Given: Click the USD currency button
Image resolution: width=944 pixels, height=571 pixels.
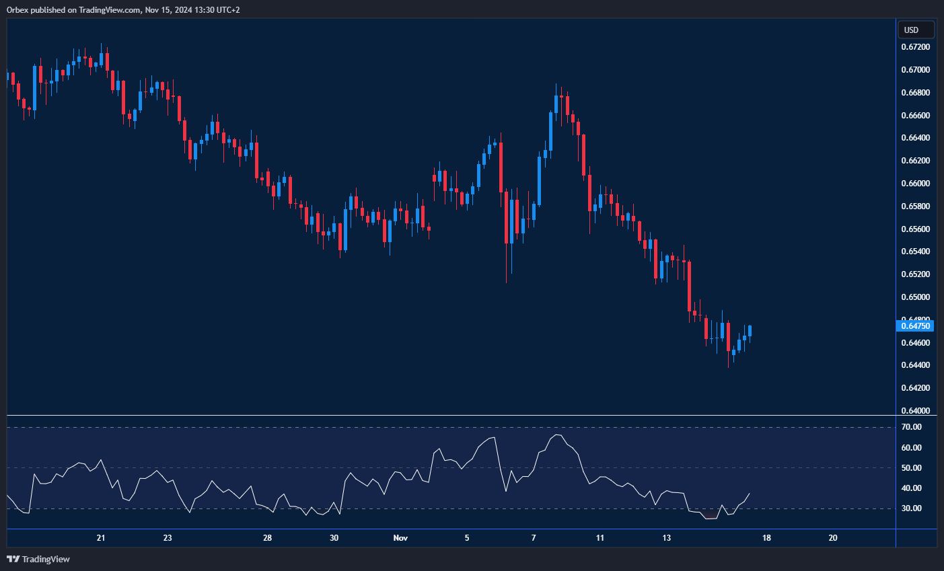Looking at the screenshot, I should [x=916, y=30].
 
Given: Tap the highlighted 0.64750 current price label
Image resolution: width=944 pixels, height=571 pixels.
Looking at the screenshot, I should [x=916, y=326].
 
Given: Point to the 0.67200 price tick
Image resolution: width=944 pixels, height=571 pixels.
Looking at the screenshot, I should [x=915, y=47].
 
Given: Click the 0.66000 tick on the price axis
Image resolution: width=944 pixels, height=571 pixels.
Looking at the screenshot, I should [x=915, y=184].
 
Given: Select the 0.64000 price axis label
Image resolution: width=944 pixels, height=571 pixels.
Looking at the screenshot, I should [x=915, y=411].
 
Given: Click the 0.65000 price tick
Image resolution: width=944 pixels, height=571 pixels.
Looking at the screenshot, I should [x=915, y=297].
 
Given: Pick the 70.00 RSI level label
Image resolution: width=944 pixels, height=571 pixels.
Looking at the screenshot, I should [x=912, y=427].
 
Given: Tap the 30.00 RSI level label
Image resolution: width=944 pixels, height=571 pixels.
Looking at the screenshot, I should [x=912, y=508].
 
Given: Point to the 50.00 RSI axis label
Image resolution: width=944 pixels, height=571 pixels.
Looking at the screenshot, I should [x=912, y=468].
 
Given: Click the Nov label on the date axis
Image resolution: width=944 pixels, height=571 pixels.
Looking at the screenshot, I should [x=400, y=538].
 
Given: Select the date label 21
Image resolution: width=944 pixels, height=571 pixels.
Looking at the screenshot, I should [x=101, y=538].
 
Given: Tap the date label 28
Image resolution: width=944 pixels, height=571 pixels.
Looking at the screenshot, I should [x=267, y=538].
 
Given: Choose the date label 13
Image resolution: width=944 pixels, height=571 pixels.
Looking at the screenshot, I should [x=666, y=538].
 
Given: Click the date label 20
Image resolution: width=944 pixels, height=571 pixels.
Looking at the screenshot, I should [x=833, y=538].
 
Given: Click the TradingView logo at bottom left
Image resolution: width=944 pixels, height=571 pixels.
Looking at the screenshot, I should [x=38, y=559].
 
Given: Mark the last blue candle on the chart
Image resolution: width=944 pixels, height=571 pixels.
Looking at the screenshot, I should [x=750, y=331].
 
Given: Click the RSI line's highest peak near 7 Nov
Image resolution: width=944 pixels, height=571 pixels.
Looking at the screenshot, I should [x=557, y=435].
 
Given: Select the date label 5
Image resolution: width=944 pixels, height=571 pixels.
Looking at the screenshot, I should [x=467, y=538].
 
